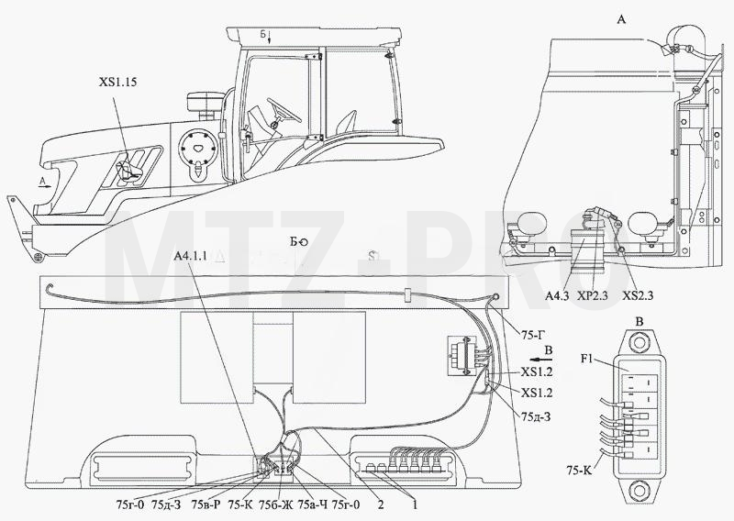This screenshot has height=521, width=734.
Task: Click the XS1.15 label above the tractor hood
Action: [117, 82]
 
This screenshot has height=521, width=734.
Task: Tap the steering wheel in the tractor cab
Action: [284, 109]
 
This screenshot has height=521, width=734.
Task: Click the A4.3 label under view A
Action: [557, 295]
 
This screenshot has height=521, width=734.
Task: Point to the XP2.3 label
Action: [592, 295]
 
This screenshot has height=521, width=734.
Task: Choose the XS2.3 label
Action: [638, 295]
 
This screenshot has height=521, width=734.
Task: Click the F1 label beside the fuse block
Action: [586, 360]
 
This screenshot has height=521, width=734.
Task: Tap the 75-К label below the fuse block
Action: [579, 470]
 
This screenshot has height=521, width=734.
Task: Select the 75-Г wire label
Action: [534, 334]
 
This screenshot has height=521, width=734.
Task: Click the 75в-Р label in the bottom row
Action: [205, 504]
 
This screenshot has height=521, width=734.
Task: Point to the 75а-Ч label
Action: [312, 504]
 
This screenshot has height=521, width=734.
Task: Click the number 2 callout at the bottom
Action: [381, 504]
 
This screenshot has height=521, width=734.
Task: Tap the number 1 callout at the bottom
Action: [414, 504]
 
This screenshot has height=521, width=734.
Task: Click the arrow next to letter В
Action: [543, 360]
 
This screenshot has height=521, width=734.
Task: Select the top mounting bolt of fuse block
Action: [639, 342]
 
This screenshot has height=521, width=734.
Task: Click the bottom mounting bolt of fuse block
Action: [639, 492]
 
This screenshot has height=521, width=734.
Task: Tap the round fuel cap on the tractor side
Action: [198, 147]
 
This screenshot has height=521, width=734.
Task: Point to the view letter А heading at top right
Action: [622, 19]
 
